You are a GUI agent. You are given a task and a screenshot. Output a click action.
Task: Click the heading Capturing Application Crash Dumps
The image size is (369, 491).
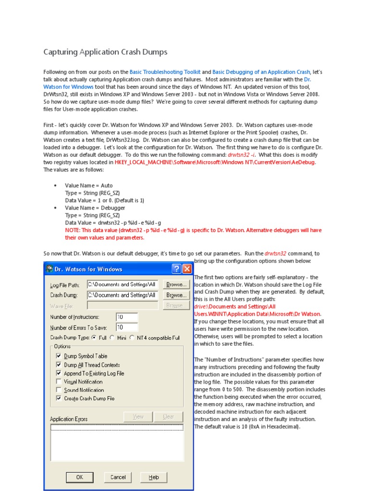coord(105,52)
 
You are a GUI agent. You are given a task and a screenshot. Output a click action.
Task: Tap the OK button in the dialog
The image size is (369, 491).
coord(80,477)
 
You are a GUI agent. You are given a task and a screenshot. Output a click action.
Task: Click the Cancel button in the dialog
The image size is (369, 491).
coord(118,477)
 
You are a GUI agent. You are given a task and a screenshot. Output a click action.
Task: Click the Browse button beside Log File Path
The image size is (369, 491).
coord(176,284)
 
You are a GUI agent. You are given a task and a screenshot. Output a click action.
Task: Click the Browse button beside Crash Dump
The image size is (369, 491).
coord(176,295)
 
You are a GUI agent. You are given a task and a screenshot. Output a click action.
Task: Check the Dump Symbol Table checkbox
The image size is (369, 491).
coord(59,356)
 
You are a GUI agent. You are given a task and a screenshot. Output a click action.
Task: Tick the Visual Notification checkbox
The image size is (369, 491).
coord(59,382)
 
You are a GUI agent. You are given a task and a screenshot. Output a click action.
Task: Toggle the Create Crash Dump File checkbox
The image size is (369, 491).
coord(59,398)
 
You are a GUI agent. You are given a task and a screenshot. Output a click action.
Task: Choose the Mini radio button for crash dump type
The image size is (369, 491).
coord(112,338)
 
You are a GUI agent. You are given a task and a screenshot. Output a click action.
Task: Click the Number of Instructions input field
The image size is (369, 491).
coord(127,317)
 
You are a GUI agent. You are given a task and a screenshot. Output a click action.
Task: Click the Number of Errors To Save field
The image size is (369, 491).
coord(127,327)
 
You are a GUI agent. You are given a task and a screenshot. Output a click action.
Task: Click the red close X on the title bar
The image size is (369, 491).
coord(187,269)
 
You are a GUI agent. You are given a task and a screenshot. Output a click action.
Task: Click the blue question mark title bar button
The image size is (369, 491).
coord(176,269)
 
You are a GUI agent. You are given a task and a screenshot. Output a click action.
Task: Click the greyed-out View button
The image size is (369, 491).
coord(138,417)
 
